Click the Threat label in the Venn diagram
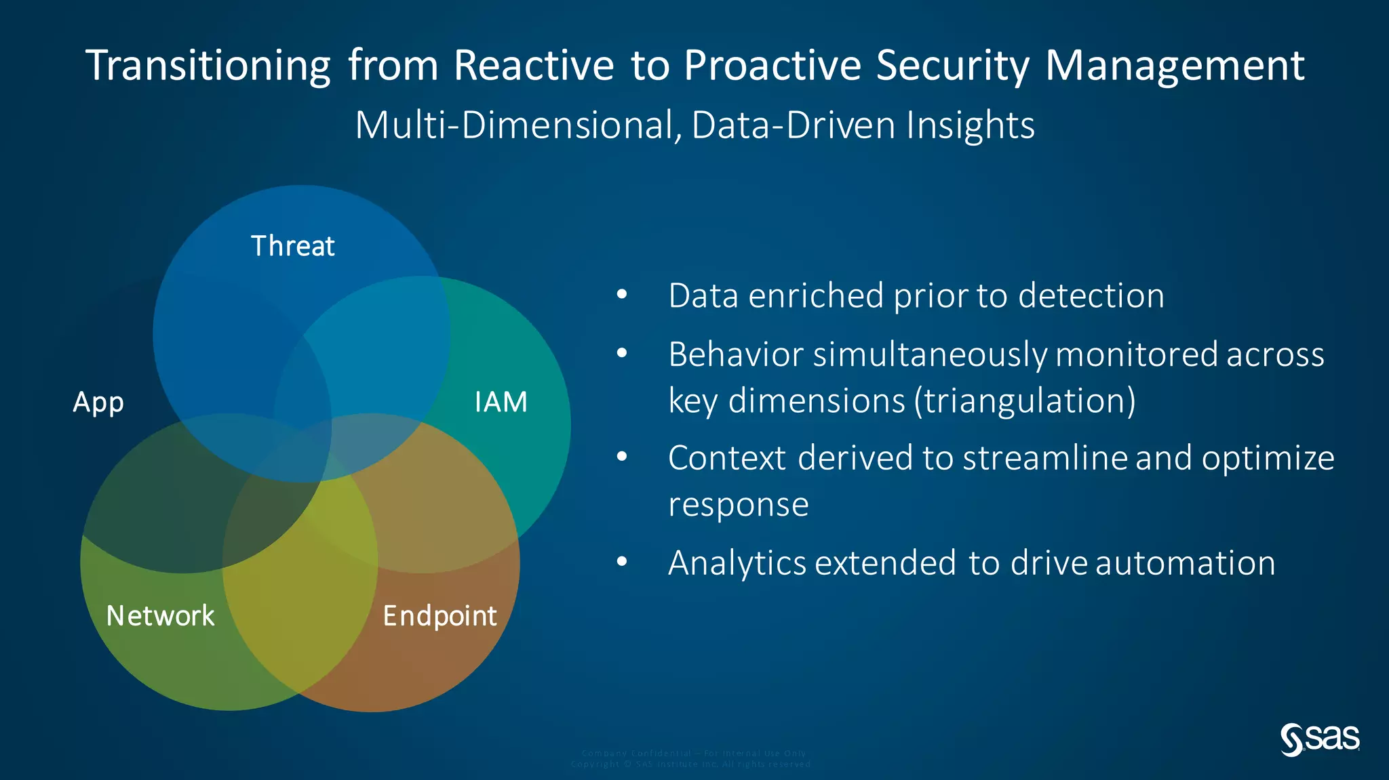coord(292,246)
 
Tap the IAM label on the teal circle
coord(501,402)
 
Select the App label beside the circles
coord(98,403)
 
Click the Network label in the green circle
coord(160,616)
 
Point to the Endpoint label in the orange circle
coord(439,616)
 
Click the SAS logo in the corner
coord(1319,739)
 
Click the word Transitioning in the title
coord(208,66)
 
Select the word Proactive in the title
coord(772,66)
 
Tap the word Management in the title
coord(1175,66)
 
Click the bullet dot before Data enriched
coord(622,295)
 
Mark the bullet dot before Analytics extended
coord(622,562)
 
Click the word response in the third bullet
coord(738,505)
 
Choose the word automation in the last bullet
coord(1185,562)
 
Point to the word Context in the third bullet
coord(726,458)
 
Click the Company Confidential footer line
coord(693,753)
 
